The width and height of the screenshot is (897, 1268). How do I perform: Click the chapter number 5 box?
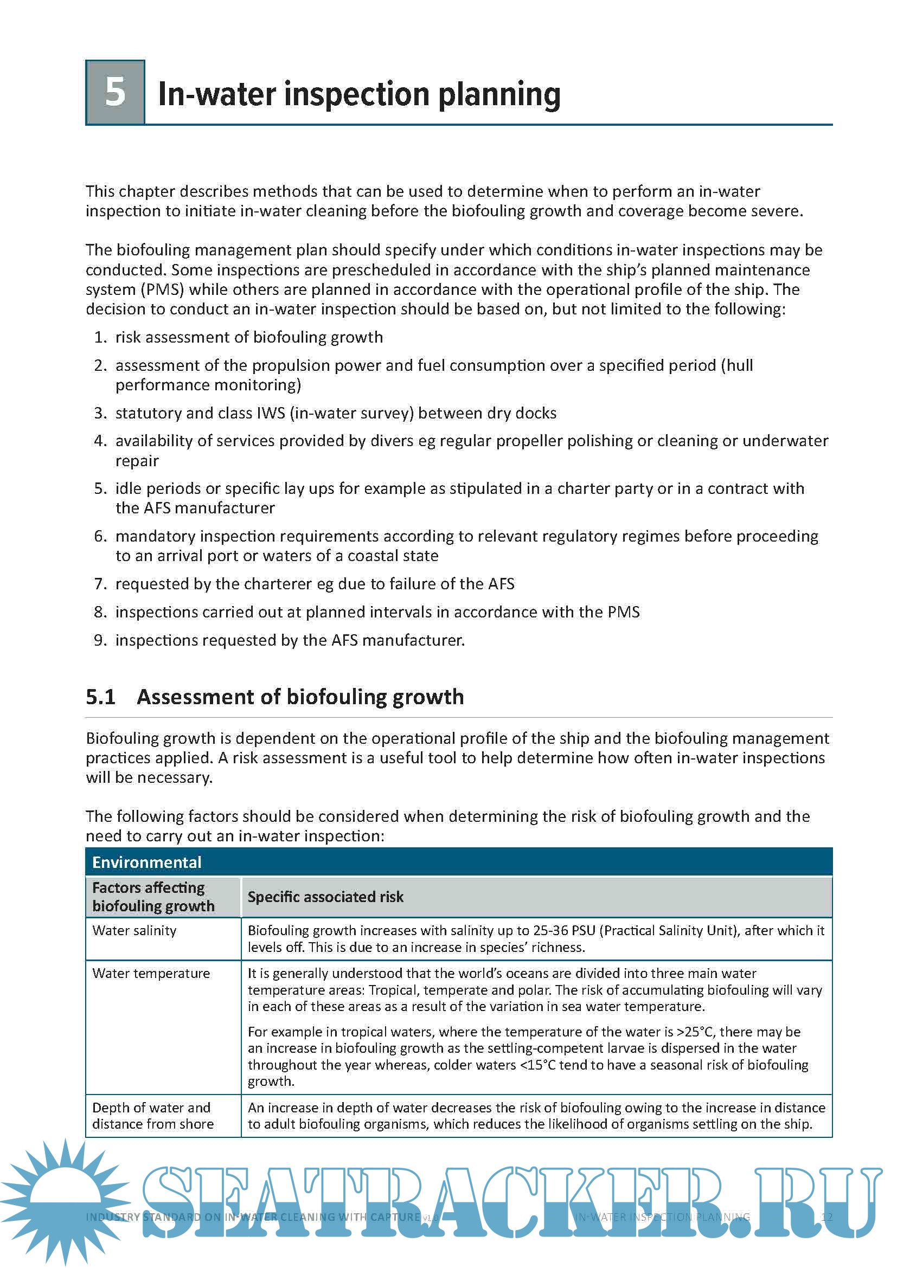[x=115, y=92]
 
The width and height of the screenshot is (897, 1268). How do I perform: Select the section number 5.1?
[x=100, y=697]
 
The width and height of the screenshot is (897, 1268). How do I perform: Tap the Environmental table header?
[x=147, y=862]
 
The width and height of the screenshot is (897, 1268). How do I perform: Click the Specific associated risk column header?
[x=325, y=897]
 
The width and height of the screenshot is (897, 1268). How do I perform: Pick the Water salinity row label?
[x=134, y=931]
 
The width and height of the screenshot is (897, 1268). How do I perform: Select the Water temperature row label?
[x=151, y=973]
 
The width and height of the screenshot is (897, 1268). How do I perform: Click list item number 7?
[x=100, y=584]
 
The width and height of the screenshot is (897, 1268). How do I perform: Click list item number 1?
[x=100, y=337]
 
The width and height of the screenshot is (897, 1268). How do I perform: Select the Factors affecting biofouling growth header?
[x=153, y=897]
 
